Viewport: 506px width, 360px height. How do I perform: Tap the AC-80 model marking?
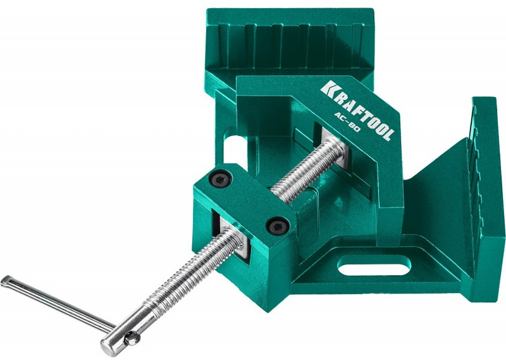pyautogui.click(x=347, y=122)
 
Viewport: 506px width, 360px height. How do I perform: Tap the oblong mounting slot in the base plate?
pyautogui.click(x=374, y=264)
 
